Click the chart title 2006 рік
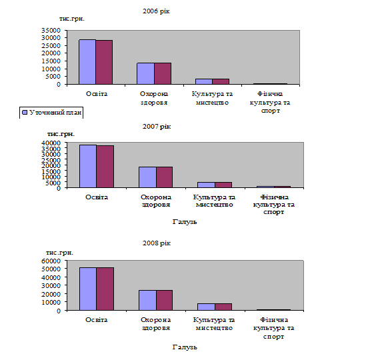[x=156, y=11]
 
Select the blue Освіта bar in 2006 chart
[x=87, y=62]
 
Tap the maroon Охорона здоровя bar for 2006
[x=163, y=73]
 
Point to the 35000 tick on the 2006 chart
[x=51, y=30]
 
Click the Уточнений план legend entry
[x=51, y=113]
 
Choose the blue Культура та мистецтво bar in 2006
[x=204, y=81]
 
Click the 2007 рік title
[x=157, y=127]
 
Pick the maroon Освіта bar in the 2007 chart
[x=105, y=167]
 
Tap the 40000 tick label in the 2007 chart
[x=51, y=143]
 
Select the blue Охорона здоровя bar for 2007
[x=147, y=177]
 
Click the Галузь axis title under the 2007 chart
[x=185, y=222]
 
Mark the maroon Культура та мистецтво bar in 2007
[x=223, y=185]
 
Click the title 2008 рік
[x=157, y=243]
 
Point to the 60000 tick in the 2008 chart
[x=51, y=261]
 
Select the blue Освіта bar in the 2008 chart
[x=88, y=289]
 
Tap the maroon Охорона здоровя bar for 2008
[x=165, y=300]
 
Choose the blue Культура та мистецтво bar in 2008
[x=206, y=307]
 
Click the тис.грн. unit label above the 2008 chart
[x=59, y=253]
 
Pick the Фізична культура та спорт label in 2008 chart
[x=273, y=328]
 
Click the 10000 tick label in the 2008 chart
[x=51, y=302]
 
